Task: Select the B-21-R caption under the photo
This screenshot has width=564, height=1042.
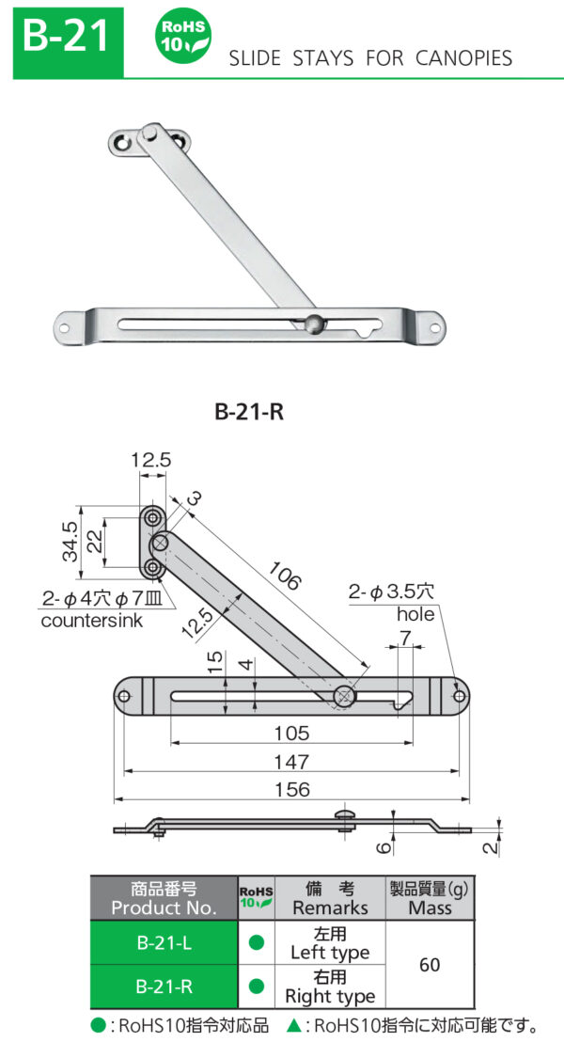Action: (x=249, y=411)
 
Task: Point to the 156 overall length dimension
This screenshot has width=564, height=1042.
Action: (x=292, y=790)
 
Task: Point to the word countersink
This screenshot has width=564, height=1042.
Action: (x=91, y=621)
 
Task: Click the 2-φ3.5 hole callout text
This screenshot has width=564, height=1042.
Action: (x=391, y=592)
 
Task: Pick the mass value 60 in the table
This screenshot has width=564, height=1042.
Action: (x=429, y=965)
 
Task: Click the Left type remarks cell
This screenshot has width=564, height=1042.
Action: (x=330, y=943)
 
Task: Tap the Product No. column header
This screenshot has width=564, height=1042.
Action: (x=164, y=898)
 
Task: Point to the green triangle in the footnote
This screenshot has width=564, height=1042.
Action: (x=292, y=1025)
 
